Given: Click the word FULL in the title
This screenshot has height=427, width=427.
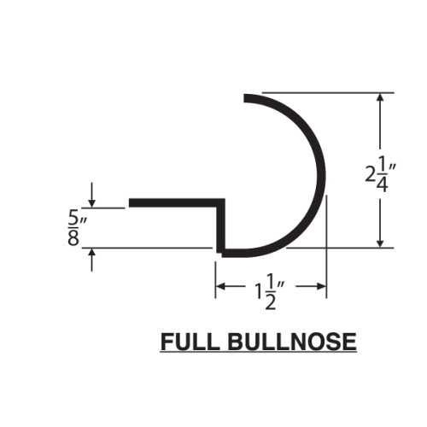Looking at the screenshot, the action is coord(190,342).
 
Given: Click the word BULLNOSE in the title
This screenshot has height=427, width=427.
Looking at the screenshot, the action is coord(292,342).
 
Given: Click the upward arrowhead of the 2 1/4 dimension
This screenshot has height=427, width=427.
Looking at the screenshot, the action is coord(380,97).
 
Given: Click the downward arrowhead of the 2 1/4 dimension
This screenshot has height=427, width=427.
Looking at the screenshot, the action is coord(380,243).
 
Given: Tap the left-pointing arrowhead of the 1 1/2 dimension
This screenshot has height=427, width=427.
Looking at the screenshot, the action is coord(220,286).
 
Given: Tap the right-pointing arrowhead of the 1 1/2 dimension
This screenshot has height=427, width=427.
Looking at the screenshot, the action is coord(322,286).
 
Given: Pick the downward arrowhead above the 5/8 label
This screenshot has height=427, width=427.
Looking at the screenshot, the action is coord(91,203).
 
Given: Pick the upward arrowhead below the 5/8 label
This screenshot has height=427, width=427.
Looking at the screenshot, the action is coord(91,253).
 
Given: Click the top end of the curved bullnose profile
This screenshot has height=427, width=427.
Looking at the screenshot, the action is coord(244,98).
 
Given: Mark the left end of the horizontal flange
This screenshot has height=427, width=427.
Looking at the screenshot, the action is coord(130,202).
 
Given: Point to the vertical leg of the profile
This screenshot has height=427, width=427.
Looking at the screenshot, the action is coord(220,225).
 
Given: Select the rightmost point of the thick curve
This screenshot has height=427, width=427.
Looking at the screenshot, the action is coord(325,175).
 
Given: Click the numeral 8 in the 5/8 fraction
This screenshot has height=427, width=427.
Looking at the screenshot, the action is coord(73,238).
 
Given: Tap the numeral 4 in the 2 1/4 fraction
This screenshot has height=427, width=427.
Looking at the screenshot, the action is coord(383,185).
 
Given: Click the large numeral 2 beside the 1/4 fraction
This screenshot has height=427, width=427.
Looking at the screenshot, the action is coord(370,174).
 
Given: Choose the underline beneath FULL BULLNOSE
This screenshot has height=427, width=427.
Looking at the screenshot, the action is coord(259,353).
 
